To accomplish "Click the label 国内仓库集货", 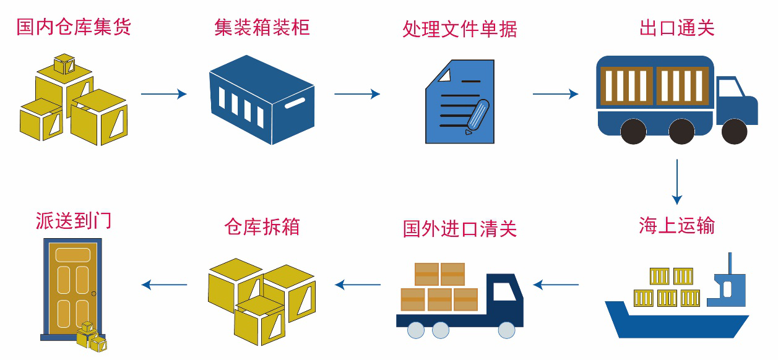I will pyautogui.click(x=74, y=27).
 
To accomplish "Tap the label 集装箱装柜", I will pyautogui.click(x=262, y=27).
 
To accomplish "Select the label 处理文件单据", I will pyautogui.click(x=459, y=29).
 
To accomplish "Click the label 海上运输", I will pyautogui.click(x=676, y=225).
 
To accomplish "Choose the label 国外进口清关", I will pyautogui.click(x=459, y=228).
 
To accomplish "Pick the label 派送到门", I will pyautogui.click(x=74, y=221).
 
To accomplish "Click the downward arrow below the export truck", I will pyautogui.click(x=677, y=181).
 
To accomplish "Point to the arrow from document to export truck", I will pyautogui.click(x=555, y=94).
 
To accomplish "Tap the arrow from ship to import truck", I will pyautogui.click(x=555, y=285).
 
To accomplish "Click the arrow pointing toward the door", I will pyautogui.click(x=164, y=285).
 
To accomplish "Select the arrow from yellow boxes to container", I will pyautogui.click(x=163, y=94).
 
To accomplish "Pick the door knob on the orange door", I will pyautogui.click(x=93, y=293).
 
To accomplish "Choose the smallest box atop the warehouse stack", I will pyautogui.click(x=64, y=63).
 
